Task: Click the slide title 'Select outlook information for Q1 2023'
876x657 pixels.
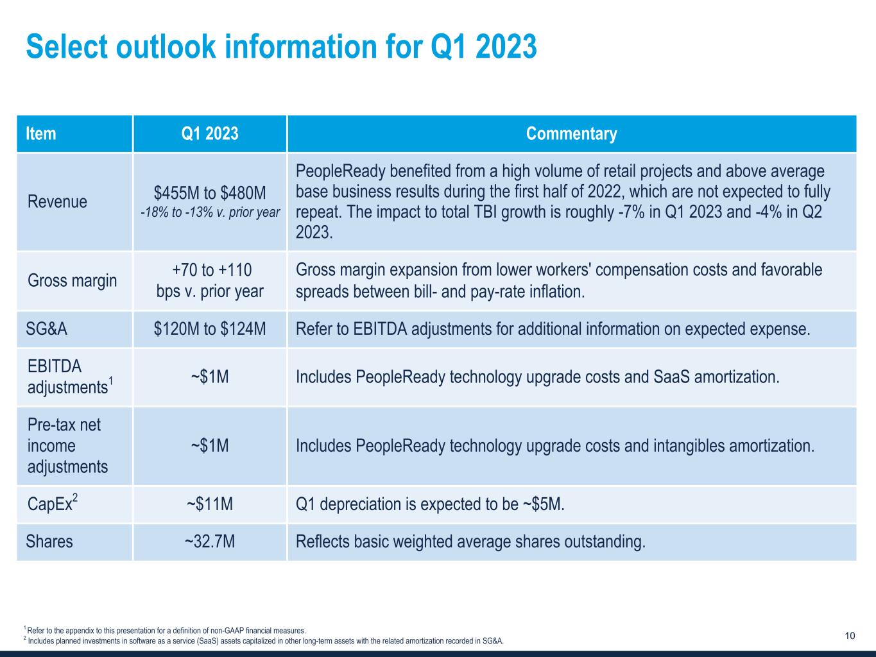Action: tap(281, 47)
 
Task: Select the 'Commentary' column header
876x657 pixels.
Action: tap(571, 133)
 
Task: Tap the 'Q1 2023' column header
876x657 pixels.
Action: tap(210, 133)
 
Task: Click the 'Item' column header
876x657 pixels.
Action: tap(41, 133)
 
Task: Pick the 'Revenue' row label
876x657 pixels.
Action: tap(57, 201)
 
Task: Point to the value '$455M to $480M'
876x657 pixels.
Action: tap(210, 193)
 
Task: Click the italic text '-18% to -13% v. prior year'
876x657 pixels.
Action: tap(210, 212)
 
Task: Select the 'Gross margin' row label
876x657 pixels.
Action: tap(72, 280)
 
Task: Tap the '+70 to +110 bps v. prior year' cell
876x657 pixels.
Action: tap(210, 280)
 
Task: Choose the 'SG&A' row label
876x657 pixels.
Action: tap(46, 329)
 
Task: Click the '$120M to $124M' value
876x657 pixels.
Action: tap(210, 329)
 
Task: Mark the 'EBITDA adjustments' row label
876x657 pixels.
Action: tap(67, 377)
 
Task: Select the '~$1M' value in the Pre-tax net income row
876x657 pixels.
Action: tap(210, 445)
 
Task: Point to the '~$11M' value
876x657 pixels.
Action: tap(210, 504)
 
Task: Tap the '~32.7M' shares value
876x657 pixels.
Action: tap(210, 542)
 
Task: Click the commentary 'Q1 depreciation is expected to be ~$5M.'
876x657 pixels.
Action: tap(430, 504)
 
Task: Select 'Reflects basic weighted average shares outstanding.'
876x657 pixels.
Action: tap(470, 542)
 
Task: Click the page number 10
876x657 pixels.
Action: tap(850, 636)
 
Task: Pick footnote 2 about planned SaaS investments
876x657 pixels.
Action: tap(264, 640)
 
